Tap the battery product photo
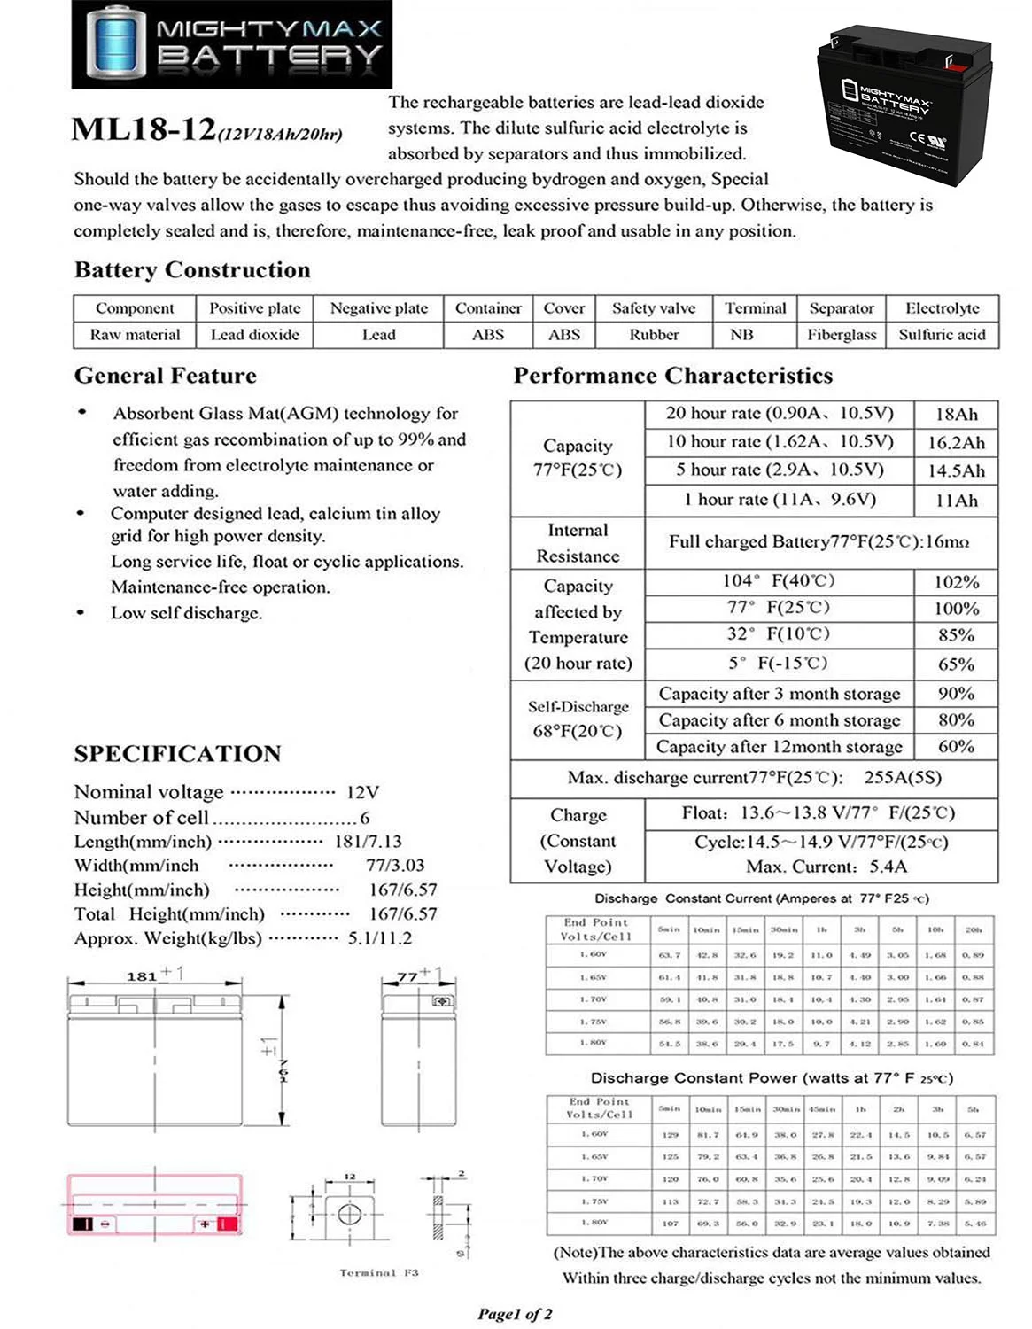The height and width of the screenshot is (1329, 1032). click(903, 107)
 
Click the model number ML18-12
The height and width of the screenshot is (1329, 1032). click(144, 129)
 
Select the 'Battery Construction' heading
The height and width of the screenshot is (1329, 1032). click(192, 270)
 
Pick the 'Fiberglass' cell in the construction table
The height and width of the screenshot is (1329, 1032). click(841, 335)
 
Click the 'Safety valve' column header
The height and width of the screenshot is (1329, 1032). click(653, 308)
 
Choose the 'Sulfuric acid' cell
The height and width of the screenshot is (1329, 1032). click(941, 335)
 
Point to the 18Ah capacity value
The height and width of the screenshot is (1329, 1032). click(956, 414)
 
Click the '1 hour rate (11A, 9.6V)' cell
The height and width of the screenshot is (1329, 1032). click(779, 500)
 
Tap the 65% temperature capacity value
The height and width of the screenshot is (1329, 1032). click(956, 664)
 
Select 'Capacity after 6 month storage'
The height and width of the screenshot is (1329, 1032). click(779, 720)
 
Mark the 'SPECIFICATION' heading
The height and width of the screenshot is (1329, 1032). click(177, 754)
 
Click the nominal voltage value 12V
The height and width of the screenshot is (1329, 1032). click(363, 792)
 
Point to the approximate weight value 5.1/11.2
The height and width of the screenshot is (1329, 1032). click(379, 938)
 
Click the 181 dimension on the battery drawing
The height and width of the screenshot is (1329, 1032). click(142, 976)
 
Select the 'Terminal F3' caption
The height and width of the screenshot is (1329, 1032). click(378, 1272)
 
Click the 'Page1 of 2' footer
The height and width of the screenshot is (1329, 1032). click(515, 1314)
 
